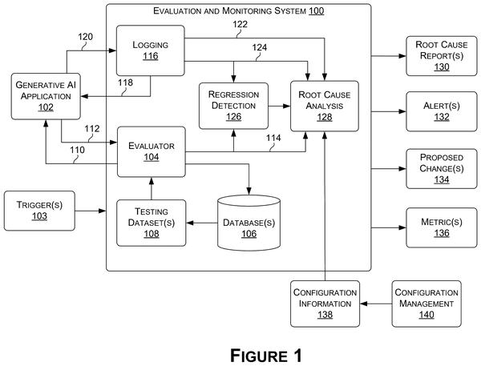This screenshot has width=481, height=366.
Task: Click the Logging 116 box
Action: tap(151, 50)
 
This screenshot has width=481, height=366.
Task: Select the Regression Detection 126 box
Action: tap(233, 106)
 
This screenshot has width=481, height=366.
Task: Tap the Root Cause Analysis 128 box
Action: tap(325, 106)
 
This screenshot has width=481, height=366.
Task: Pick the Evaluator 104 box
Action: tap(152, 151)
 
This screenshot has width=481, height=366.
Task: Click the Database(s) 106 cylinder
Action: tap(249, 223)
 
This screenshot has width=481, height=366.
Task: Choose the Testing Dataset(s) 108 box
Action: tap(152, 223)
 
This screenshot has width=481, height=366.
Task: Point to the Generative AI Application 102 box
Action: tap(46, 96)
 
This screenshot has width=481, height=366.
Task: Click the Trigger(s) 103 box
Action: tap(39, 211)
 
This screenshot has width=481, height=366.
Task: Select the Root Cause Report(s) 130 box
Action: tap(442, 56)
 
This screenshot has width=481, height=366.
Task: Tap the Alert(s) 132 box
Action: tap(442, 111)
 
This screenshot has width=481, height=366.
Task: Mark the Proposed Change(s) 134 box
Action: tap(442, 169)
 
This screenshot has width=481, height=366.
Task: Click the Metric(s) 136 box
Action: tap(442, 227)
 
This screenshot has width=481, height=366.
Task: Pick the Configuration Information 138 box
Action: tap(325, 304)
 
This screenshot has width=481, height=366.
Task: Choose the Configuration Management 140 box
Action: tap(426, 304)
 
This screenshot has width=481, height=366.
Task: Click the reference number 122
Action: tap(240, 24)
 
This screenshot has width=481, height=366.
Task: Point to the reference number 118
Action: tap(126, 82)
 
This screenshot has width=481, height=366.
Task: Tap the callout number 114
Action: tap(273, 138)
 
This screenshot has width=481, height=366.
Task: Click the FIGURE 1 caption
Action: tap(266, 356)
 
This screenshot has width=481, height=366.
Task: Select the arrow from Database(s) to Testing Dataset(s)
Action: tap(202, 223)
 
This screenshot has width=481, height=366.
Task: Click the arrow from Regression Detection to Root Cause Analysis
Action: tap(279, 106)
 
